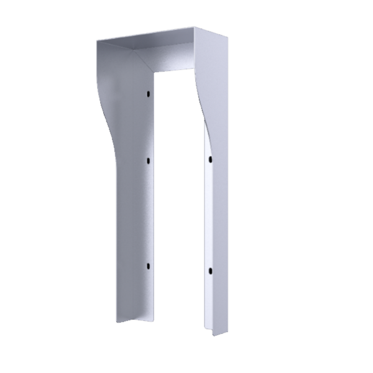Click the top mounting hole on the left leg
149,93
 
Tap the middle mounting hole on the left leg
149,160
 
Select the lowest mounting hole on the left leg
149,266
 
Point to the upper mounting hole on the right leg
210,160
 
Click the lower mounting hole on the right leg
210,271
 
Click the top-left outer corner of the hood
97,42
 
